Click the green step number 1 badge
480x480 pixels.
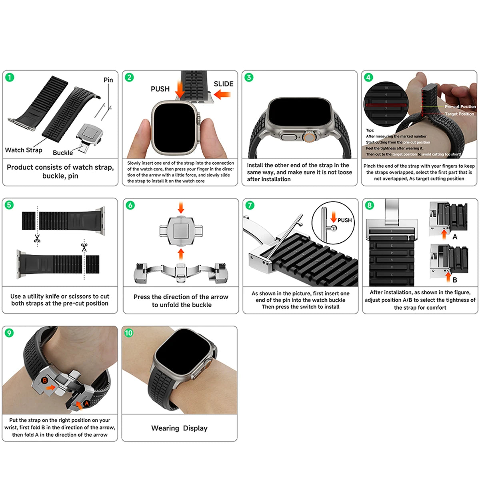tap(10, 77)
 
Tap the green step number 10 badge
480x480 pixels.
tap(129, 333)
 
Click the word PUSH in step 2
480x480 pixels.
tap(160, 89)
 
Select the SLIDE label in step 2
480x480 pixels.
tap(223, 84)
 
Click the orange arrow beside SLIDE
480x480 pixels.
tap(222, 95)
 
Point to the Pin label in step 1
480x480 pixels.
tap(108, 80)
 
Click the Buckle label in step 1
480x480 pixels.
tap(63, 152)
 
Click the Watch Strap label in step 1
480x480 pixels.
tap(24, 150)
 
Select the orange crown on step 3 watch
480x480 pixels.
tap(308, 137)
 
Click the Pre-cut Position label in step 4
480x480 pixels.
tap(460, 107)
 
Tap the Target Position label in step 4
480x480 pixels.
tap(459, 114)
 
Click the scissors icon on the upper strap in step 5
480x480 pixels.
tap(37, 239)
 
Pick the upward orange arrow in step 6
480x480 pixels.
tap(181, 254)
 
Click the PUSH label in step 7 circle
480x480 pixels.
tap(344, 220)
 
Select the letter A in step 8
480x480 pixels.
tap(455, 237)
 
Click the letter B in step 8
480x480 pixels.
tap(455, 280)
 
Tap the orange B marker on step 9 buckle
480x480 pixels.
tap(45, 380)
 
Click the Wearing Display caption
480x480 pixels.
tap(179, 428)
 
